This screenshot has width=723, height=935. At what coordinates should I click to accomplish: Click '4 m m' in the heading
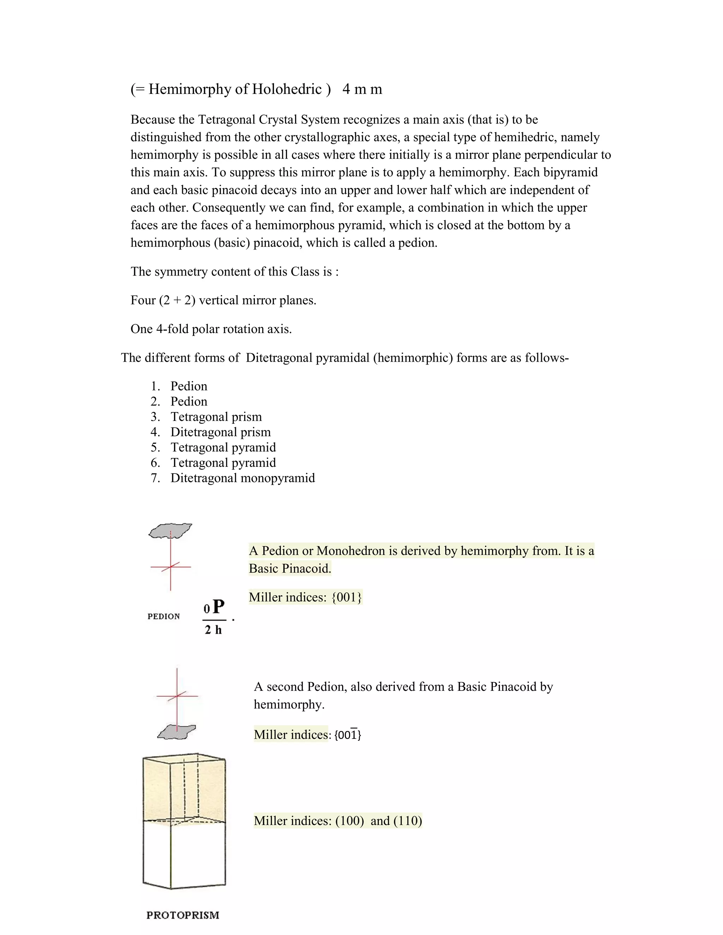click(362, 89)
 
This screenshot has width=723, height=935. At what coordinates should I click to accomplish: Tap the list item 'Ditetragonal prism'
click(221, 432)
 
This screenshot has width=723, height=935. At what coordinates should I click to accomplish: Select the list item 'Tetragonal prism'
click(216, 417)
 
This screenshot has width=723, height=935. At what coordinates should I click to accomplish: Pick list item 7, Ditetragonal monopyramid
click(243, 478)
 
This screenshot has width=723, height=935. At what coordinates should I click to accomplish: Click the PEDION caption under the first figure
click(163, 616)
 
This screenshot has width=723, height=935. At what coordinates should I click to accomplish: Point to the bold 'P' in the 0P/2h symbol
click(219, 607)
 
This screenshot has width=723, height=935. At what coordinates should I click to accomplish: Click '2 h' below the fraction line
click(213, 630)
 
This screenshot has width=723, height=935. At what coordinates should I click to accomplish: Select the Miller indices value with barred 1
click(348, 735)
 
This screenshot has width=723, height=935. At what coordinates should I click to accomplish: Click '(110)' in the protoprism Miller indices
click(408, 821)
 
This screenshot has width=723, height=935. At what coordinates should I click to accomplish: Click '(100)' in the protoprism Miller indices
click(349, 821)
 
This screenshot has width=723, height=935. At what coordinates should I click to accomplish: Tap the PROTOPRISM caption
click(183, 915)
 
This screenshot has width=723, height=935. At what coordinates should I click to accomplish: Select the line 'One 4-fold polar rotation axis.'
click(211, 329)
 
